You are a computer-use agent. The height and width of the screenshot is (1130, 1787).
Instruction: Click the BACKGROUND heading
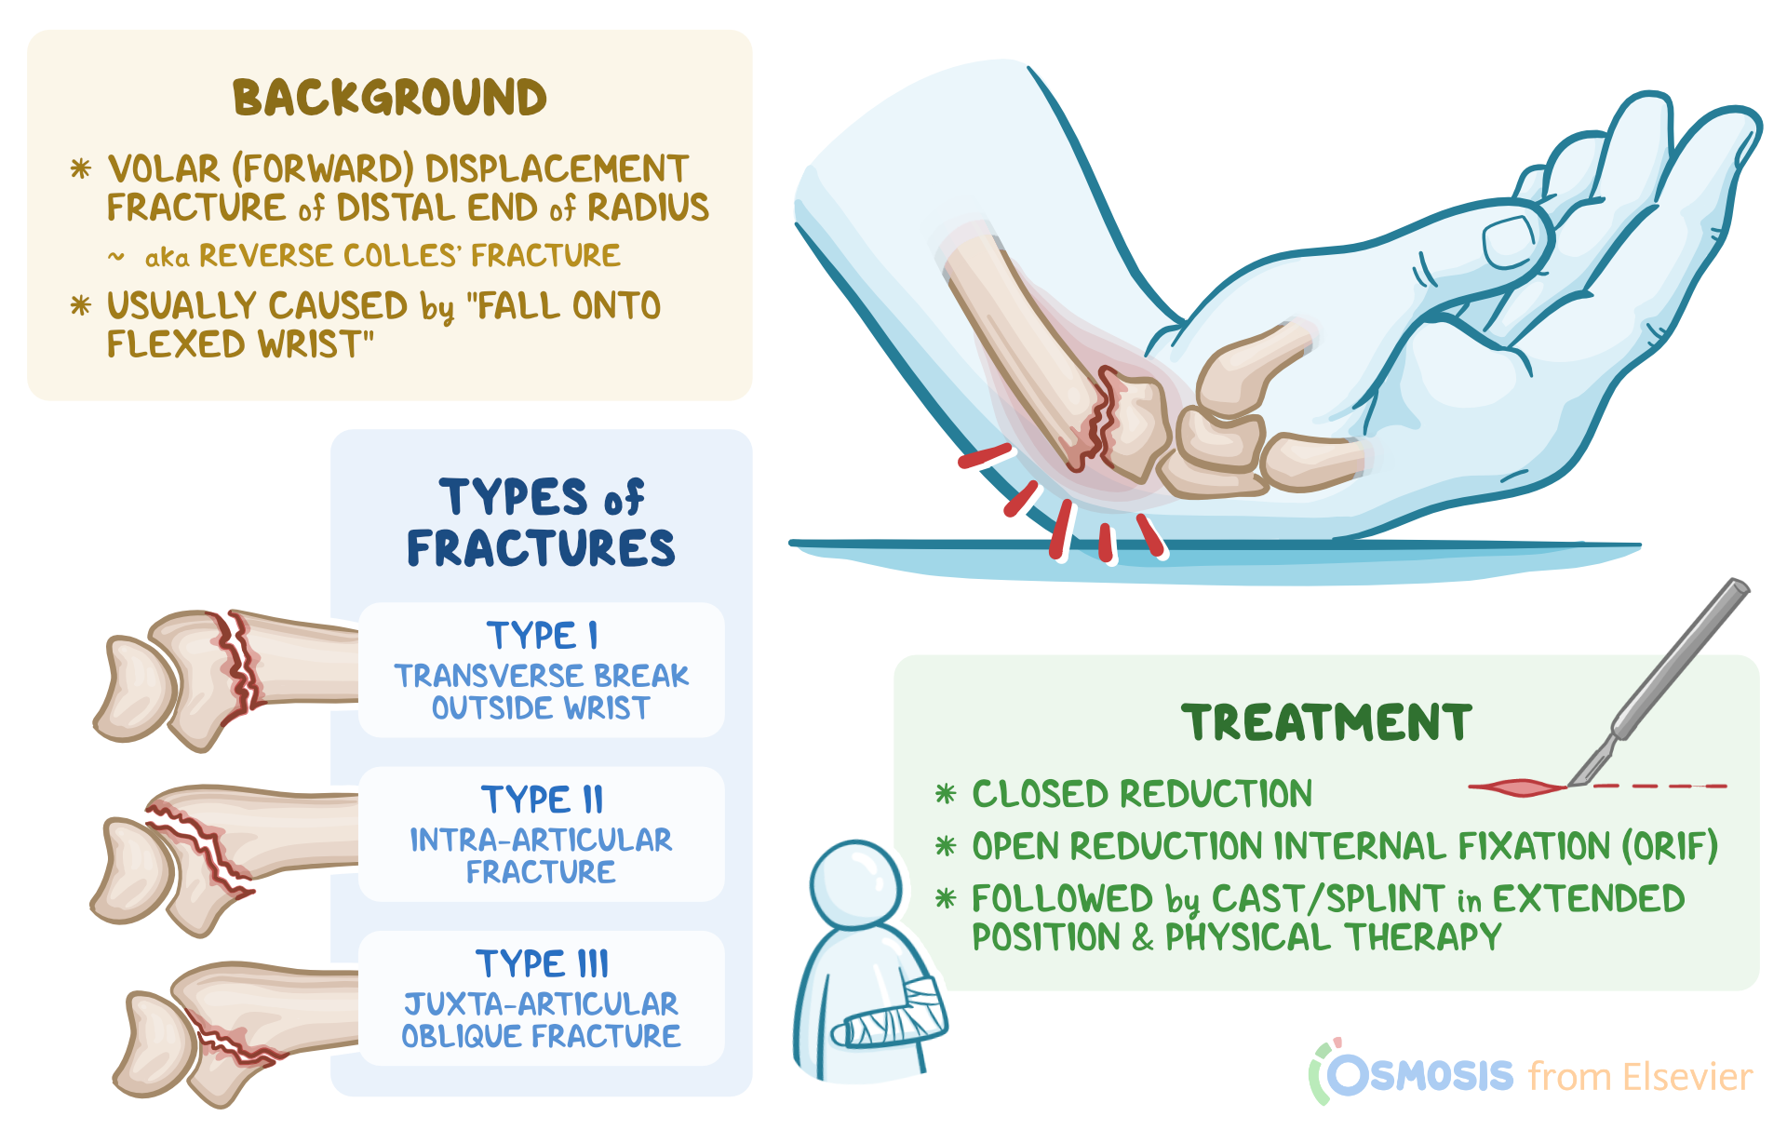[390, 98]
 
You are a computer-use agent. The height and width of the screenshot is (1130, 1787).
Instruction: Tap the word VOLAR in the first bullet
[164, 169]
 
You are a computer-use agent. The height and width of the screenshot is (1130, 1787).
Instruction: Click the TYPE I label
[542, 636]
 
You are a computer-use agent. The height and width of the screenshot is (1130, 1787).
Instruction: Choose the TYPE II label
[542, 800]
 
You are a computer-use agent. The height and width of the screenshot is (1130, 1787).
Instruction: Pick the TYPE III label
[542, 963]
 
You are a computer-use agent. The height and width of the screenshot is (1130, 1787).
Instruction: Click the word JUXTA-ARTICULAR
[541, 1003]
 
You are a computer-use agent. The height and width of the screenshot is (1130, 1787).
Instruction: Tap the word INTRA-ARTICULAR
[541, 840]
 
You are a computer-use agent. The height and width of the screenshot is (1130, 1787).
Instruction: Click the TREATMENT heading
[1326, 723]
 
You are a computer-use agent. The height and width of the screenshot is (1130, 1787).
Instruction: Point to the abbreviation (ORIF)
[1670, 846]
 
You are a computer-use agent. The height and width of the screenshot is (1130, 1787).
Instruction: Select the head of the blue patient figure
[855, 884]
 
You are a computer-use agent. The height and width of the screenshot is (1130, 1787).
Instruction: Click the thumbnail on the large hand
[1509, 240]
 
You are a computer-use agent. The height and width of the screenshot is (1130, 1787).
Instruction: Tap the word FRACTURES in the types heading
[541, 548]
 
